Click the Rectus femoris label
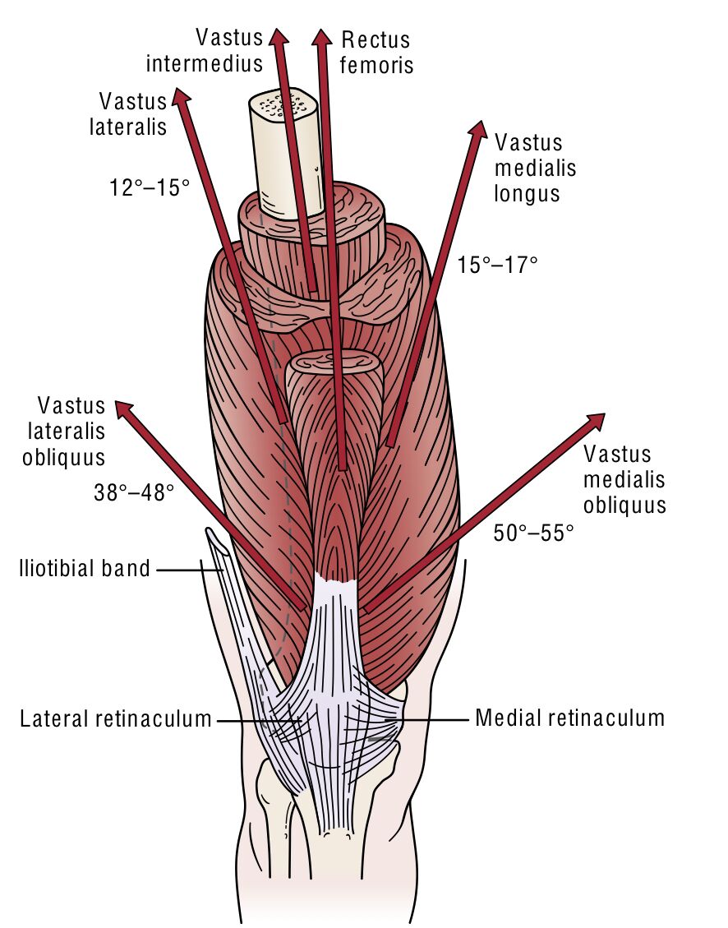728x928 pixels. [x=376, y=51]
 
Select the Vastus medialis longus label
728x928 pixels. [x=535, y=168]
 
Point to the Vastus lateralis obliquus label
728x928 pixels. [x=71, y=431]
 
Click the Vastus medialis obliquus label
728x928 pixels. [x=624, y=479]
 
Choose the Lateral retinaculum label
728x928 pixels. [x=116, y=719]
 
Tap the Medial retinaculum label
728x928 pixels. [x=569, y=718]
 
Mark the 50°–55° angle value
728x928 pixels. [x=533, y=532]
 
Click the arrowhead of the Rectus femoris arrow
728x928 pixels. [x=321, y=37]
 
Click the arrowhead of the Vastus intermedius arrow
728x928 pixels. [x=279, y=37]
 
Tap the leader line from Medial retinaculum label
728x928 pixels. [x=435, y=720]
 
